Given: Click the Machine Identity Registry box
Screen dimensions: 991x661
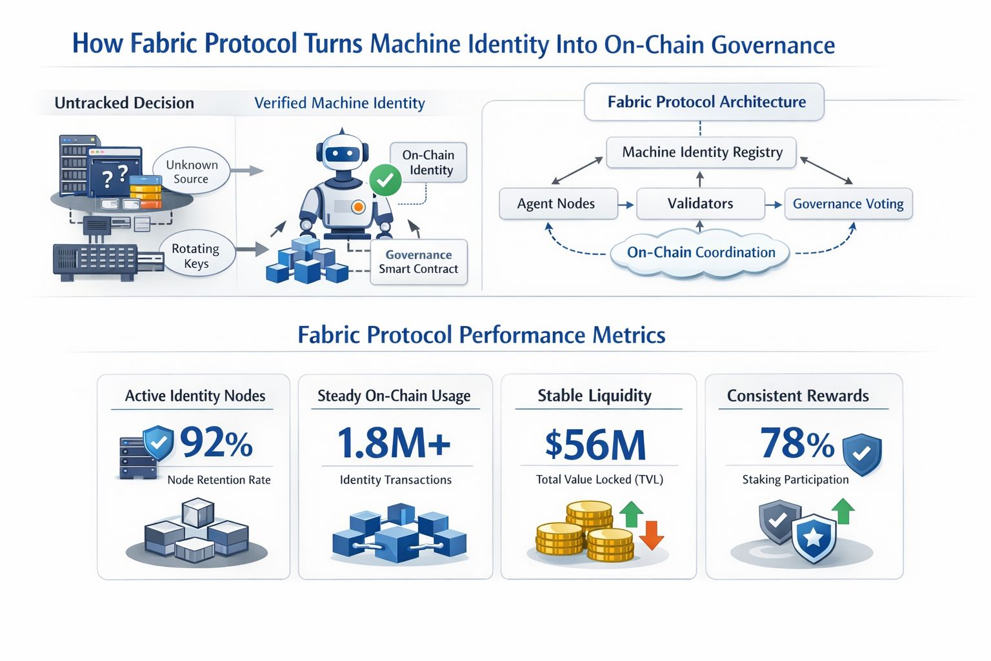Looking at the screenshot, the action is coord(701,152).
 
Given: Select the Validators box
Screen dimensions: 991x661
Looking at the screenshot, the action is coord(700,203).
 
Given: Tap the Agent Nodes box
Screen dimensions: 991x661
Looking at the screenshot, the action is coord(558,203).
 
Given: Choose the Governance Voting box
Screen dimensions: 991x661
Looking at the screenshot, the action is coord(848,203).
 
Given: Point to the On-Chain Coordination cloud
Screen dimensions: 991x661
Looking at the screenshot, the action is coord(700,253).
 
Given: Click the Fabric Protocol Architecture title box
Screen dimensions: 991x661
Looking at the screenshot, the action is coord(704,102).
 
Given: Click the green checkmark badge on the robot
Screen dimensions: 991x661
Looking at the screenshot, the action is coord(385,180).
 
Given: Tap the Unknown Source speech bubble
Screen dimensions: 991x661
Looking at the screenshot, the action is coord(192,171).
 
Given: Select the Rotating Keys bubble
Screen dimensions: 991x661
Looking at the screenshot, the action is coord(196,256).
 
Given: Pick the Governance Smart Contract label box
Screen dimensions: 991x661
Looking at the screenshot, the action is coord(419,262).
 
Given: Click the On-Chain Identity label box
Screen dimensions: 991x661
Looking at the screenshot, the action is coord(428,163).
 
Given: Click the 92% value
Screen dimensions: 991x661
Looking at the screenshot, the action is coord(216,442).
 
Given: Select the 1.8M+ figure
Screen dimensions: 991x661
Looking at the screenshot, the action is coord(394,443).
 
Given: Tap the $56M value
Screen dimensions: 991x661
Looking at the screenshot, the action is coord(596,445).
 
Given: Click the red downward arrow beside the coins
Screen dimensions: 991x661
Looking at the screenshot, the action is coord(652,535).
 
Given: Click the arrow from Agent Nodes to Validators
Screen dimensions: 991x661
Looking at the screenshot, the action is coord(626,205).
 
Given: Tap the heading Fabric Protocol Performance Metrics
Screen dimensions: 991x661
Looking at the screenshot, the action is coord(481,335).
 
